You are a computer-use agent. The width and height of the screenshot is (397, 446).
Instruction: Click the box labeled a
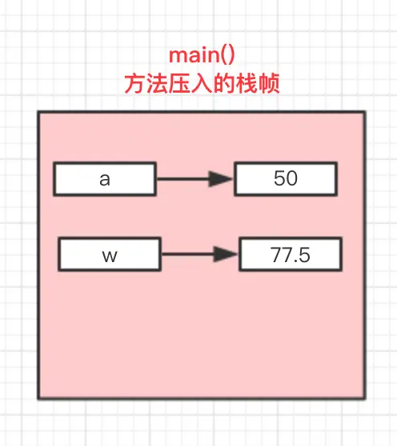tap(105, 179)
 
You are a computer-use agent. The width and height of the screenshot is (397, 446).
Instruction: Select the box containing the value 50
tap(286, 179)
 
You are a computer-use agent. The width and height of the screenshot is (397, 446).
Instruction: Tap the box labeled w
tap(110, 254)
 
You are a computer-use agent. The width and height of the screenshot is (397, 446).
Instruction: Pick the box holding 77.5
tap(291, 254)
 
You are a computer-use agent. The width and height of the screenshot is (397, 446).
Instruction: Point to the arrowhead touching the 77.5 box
tap(226, 254)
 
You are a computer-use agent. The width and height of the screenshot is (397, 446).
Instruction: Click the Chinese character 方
tap(134, 84)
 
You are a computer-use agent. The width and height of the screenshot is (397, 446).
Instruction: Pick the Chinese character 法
tap(157, 84)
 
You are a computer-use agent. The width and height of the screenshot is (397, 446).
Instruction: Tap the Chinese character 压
tap(179, 84)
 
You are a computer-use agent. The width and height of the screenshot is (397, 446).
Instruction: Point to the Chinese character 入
tap(202, 84)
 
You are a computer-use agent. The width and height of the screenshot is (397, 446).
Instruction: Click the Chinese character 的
tap(223, 84)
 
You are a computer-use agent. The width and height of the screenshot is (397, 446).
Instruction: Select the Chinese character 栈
tap(246, 84)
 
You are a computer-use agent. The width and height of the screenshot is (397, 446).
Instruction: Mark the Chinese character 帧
tap(268, 84)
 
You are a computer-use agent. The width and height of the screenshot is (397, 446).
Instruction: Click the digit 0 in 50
tap(292, 178)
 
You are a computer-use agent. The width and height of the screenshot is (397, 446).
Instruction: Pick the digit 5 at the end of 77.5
tap(304, 255)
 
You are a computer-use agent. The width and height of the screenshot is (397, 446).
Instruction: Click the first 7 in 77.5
tap(275, 255)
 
